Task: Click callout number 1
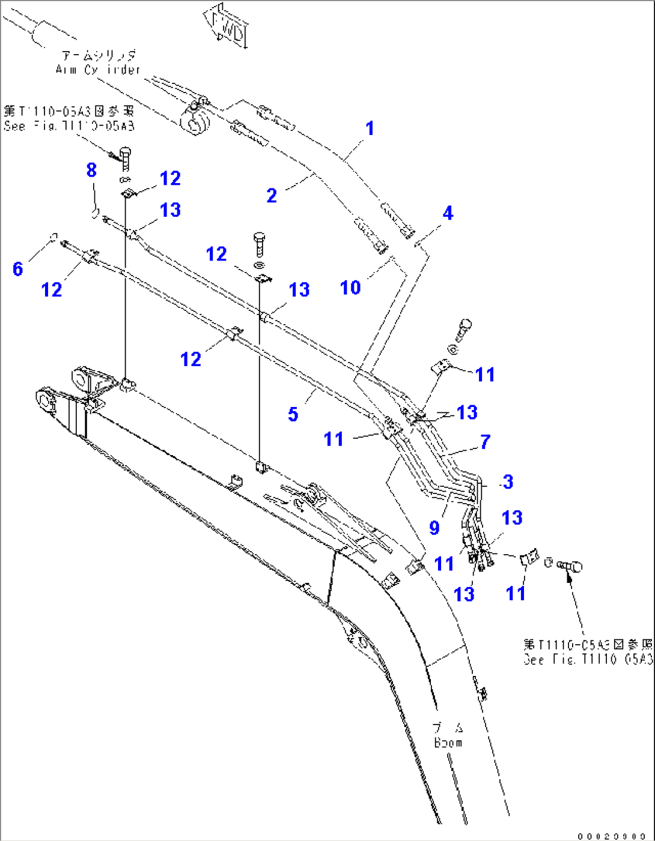370,128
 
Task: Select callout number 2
272,195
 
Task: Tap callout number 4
448,213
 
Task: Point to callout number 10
350,288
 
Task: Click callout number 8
91,170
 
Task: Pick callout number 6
18,269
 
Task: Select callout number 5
293,414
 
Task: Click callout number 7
486,442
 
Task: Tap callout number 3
508,481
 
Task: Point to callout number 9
434,528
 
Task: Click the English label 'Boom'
448,743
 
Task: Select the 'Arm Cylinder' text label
97,70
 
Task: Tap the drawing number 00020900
612,836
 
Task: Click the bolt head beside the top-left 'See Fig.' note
126,154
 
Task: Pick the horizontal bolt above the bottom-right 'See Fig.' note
570,565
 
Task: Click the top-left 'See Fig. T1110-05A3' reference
69,118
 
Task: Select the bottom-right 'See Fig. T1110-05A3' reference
588,652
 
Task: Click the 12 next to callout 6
52,290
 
